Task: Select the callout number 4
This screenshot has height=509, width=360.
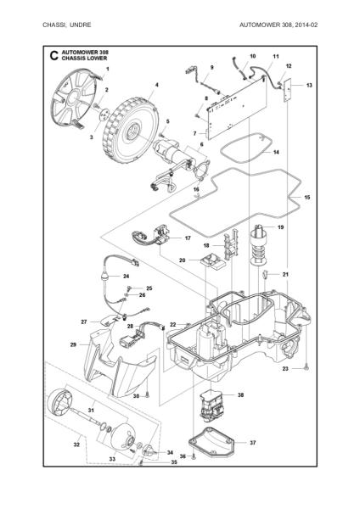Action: [x=156, y=86]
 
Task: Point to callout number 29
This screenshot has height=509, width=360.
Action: [x=73, y=344]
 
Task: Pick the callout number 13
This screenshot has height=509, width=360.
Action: [x=309, y=86]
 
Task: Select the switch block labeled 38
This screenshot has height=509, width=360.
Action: [x=211, y=405]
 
